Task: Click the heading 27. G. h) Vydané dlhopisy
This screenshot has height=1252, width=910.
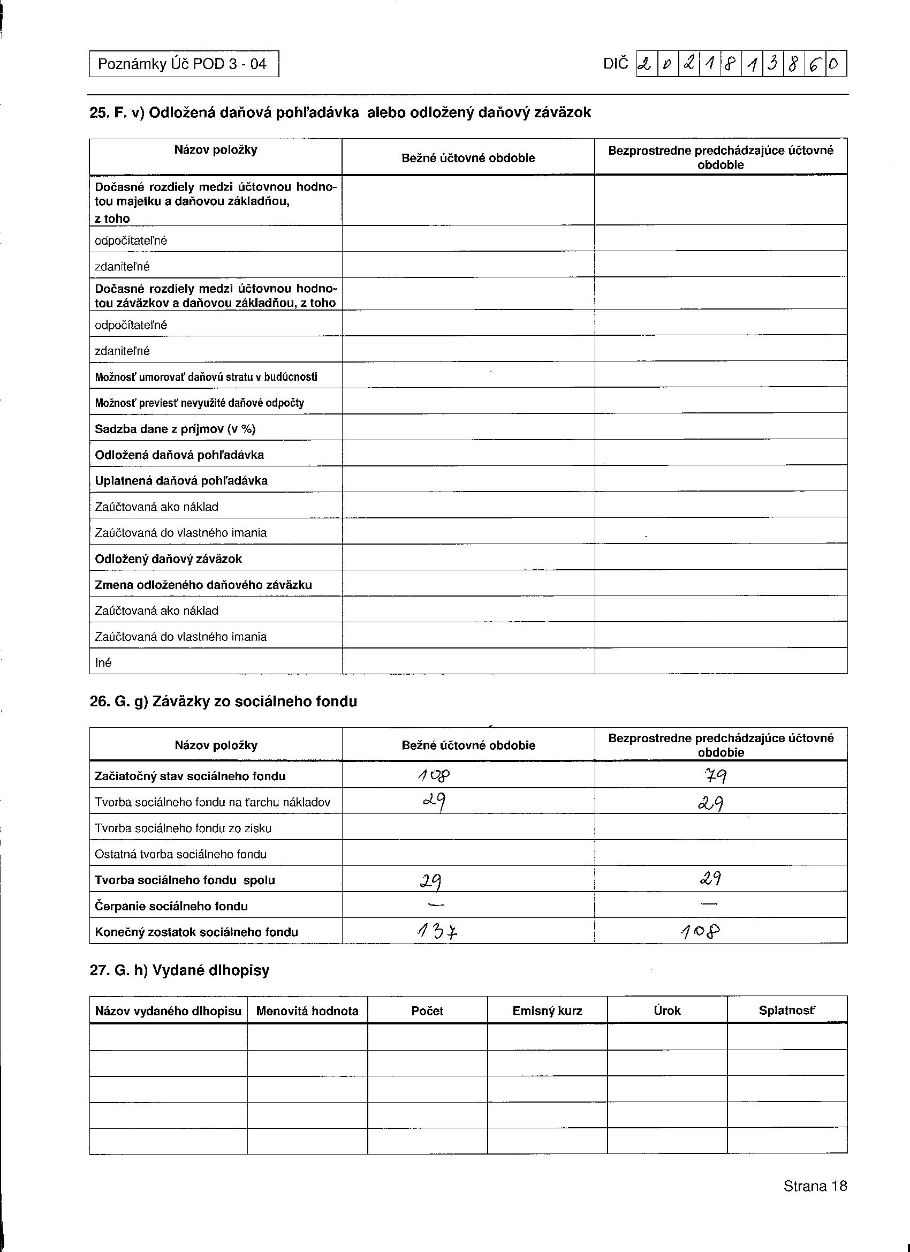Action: click(179, 970)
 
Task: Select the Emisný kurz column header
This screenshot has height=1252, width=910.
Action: click(547, 1011)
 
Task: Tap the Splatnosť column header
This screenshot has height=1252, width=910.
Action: click(786, 1011)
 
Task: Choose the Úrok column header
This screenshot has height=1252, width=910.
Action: click(666, 1011)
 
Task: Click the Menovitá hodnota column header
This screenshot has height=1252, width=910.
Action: click(307, 1011)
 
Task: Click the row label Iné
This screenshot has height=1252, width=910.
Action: click(103, 662)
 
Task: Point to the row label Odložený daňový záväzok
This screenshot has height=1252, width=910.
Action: click(168, 559)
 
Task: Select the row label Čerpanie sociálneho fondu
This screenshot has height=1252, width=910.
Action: click(171, 907)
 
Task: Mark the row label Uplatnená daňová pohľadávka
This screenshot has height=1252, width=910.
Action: click(181, 481)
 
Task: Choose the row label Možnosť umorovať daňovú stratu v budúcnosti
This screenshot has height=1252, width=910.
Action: click(206, 377)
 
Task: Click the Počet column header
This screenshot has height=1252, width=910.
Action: click(427, 1011)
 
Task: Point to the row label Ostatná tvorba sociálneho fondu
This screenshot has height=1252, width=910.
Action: click(180, 855)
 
